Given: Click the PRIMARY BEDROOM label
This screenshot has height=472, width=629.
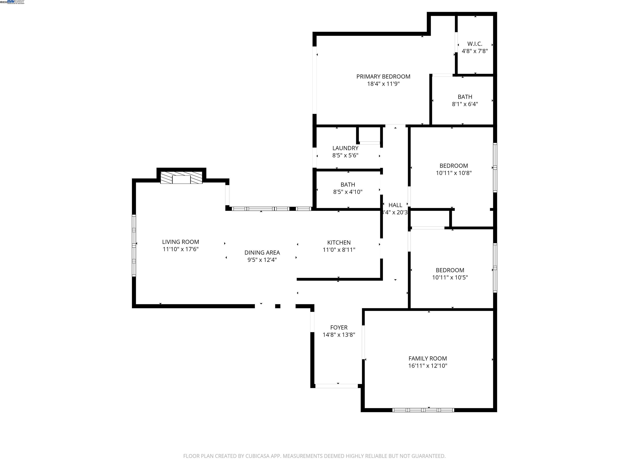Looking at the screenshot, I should pos(383,77).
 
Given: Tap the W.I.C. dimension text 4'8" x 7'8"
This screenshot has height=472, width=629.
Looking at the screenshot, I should pos(475,51).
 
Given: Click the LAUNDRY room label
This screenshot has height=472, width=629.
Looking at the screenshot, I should pos(345,148).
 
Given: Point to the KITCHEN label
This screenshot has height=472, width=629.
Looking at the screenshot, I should pos(339,242).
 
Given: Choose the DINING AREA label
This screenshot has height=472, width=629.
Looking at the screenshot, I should pos(262,252).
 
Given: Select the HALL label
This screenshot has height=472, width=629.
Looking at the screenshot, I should pos(395,205).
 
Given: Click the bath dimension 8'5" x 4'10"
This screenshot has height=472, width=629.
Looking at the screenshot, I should pos(347,192).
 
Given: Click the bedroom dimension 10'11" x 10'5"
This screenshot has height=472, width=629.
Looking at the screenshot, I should pos(450,277).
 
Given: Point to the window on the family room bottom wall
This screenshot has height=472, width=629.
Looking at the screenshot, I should pos(423,410).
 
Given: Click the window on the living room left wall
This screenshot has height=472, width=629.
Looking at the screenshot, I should pos(134,245).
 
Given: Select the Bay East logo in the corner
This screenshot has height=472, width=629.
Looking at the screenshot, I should pos(16,2).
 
